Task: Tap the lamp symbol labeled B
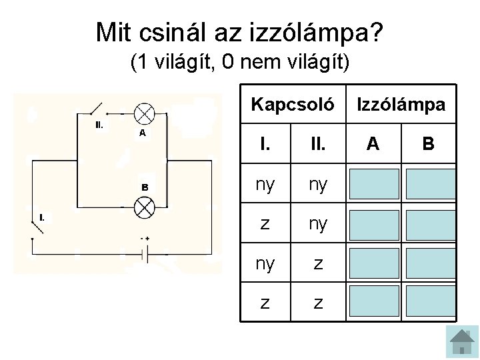pos(144,207)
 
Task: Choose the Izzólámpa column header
pos(402,105)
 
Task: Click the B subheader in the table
pos(429,143)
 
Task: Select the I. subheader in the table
pos(265,143)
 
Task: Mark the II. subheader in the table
pos(318,143)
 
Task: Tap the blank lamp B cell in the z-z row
pos(429,303)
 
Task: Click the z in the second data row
pos(265,224)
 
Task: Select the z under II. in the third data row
pos(318,263)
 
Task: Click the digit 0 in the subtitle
pos(229,63)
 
